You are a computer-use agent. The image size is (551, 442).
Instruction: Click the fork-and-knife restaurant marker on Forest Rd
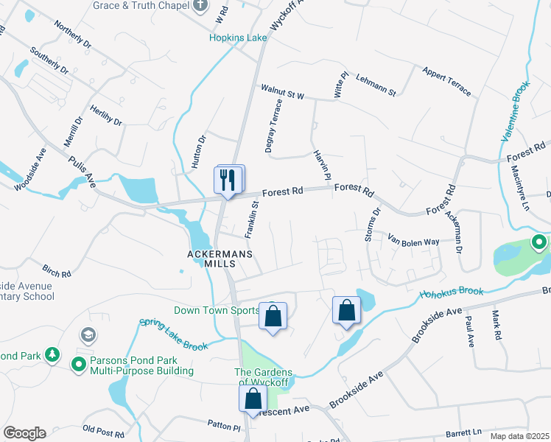point(228,179)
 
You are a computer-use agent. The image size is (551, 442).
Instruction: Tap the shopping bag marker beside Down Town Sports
point(273,317)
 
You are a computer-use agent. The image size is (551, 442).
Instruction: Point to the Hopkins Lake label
point(237,38)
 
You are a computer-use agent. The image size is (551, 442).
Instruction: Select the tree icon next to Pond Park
point(52,355)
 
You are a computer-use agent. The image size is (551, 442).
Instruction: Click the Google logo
point(24,432)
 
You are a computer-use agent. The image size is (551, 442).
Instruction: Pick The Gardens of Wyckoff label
point(264,377)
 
